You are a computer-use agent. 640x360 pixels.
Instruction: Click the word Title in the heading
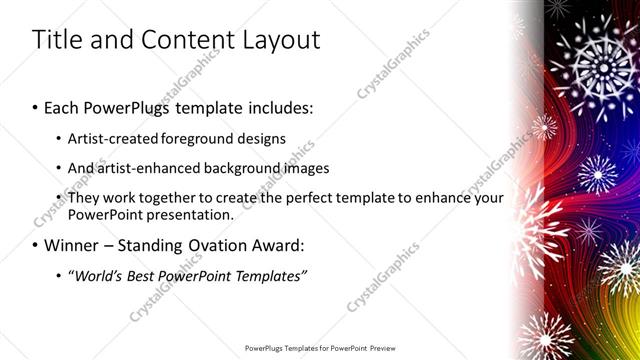(57, 40)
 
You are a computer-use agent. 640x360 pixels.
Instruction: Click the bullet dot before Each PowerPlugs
(37, 105)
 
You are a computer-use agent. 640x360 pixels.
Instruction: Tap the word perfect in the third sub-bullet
(305, 199)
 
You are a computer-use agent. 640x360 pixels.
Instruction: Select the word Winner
(76, 244)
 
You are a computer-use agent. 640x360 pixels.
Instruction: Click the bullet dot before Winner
(37, 244)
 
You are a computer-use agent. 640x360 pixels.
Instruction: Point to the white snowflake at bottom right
(544, 336)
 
